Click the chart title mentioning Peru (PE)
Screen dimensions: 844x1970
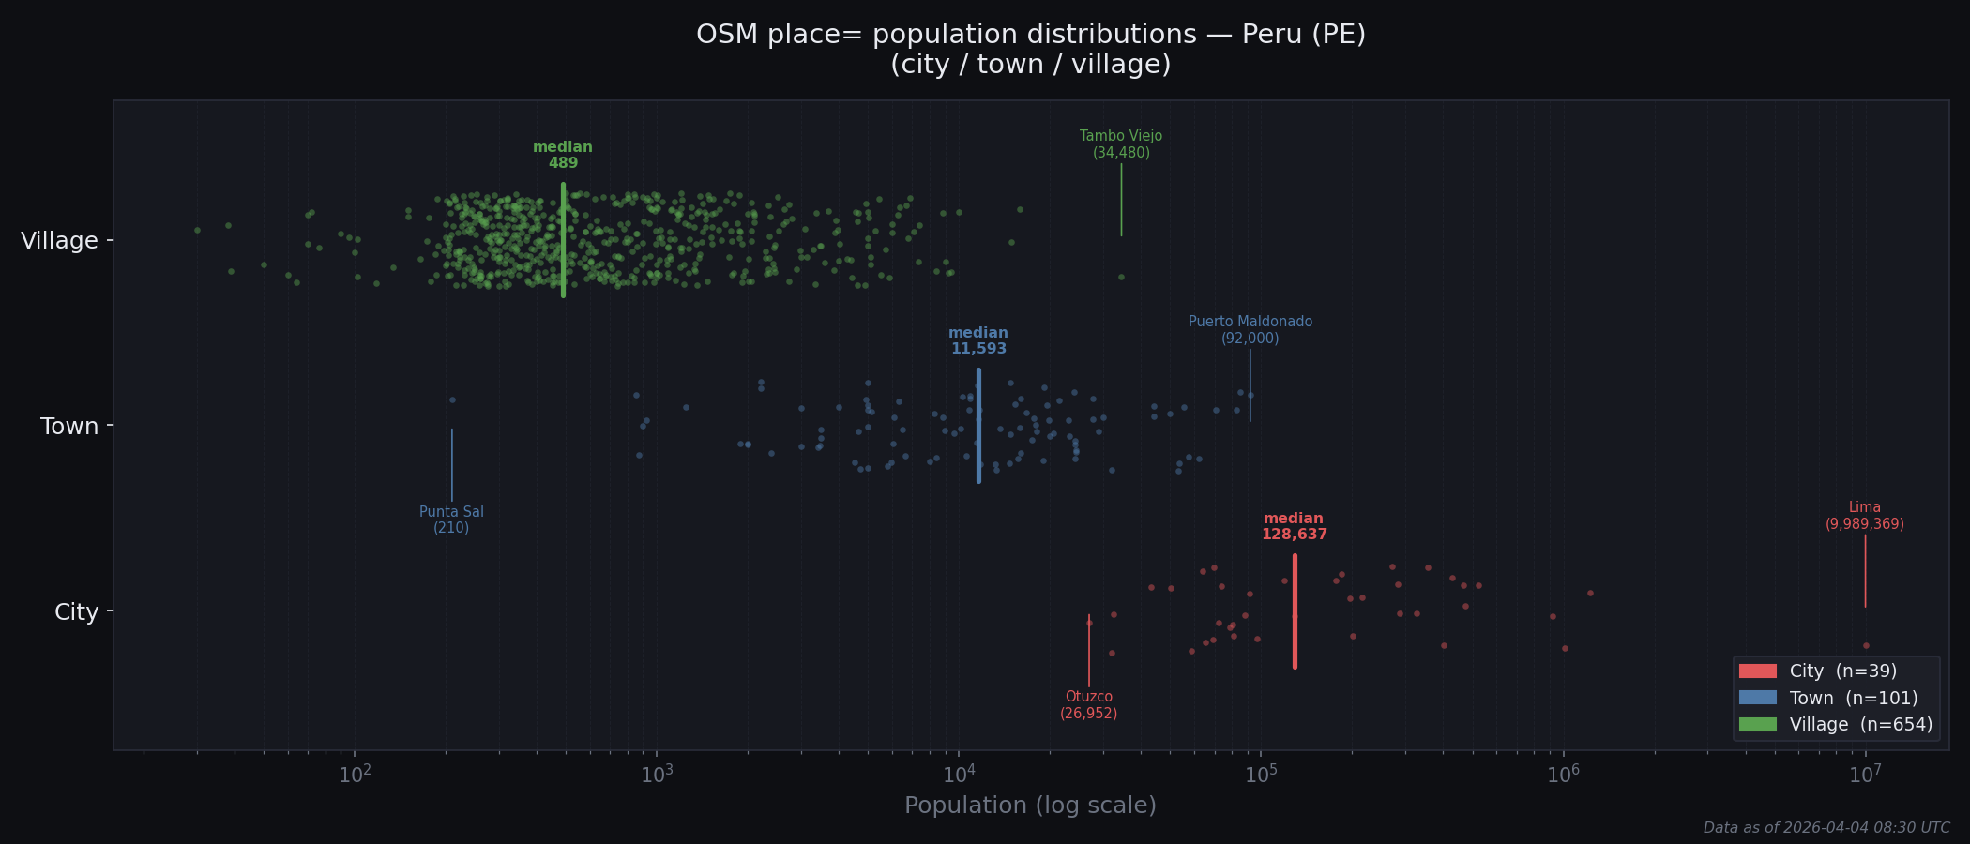point(1030,49)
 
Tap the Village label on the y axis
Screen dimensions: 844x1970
point(59,241)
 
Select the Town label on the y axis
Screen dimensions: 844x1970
point(69,427)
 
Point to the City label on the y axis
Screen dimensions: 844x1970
point(76,612)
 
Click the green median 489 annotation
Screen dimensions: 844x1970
point(563,156)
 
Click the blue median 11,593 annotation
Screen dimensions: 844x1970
point(978,341)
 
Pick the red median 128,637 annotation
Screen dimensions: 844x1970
point(1294,527)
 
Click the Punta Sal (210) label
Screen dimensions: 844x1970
point(451,520)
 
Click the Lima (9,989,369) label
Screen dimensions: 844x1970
point(1864,516)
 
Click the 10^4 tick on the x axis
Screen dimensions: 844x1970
point(959,775)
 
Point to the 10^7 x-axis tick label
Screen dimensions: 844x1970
point(1865,775)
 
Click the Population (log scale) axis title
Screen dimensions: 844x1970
point(1030,806)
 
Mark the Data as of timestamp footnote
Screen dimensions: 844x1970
point(1826,828)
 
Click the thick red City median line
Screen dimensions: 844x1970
point(1295,611)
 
